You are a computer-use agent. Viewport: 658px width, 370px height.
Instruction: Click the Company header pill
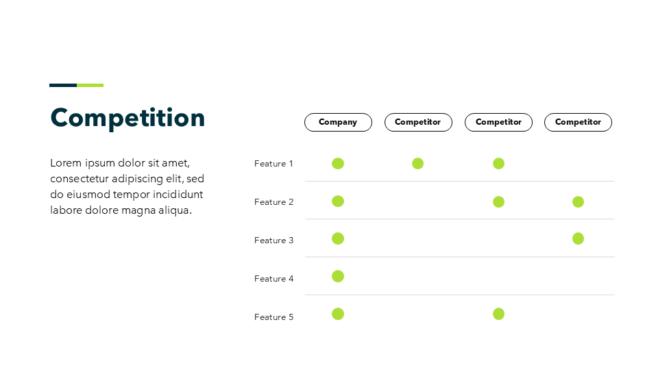coord(338,122)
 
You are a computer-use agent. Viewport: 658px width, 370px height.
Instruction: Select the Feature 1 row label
coord(273,164)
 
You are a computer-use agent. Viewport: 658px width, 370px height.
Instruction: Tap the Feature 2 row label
coord(273,201)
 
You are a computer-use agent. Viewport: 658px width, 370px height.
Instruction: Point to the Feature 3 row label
coord(273,241)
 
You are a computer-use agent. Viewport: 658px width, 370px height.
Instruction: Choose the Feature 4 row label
coord(273,279)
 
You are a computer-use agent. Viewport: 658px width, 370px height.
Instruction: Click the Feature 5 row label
coord(273,317)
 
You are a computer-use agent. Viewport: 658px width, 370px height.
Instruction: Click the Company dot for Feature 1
coord(338,163)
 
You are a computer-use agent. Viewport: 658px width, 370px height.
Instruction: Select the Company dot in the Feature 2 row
coord(338,201)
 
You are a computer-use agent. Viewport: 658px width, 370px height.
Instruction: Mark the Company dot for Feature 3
coord(338,238)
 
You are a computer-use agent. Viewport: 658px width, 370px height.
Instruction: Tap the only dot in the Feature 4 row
coord(338,276)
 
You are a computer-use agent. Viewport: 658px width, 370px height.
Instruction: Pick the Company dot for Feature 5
coord(338,314)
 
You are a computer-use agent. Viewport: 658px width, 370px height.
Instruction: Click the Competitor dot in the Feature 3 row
coord(578,238)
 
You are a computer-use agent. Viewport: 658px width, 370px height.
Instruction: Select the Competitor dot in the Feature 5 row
coord(498,314)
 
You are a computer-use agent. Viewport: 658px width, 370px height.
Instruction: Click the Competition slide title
coord(127,119)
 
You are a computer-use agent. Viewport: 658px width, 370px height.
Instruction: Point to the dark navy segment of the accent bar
coord(63,85)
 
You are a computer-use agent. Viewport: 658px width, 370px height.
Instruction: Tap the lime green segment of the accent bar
coord(90,85)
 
